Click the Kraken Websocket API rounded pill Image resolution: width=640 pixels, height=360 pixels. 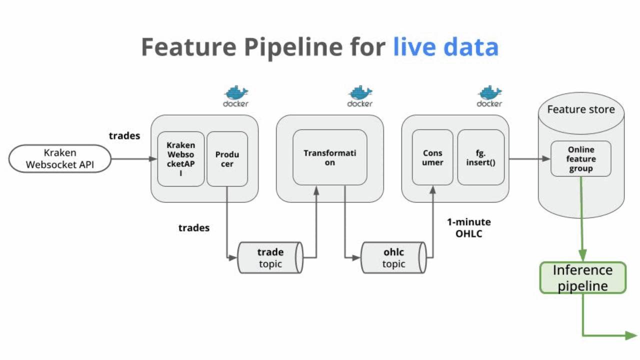click(x=59, y=159)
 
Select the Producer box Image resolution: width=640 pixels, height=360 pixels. click(x=227, y=159)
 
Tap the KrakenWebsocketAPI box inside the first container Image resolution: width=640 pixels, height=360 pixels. click(x=180, y=159)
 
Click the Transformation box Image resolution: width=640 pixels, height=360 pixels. click(x=329, y=157)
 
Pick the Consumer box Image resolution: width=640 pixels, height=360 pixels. click(x=432, y=157)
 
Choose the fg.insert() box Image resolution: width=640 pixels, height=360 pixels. click(x=480, y=157)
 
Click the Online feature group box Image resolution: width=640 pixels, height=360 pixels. click(x=580, y=159)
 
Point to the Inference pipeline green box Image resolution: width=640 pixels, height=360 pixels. click(x=582, y=277)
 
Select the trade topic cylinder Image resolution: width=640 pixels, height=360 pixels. click(x=270, y=258)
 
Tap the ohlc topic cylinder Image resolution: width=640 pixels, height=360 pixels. click(x=393, y=258)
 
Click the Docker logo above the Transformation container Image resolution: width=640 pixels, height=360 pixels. click(x=360, y=96)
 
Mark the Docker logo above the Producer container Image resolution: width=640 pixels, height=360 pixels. click(x=235, y=96)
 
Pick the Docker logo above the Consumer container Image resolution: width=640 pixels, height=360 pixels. click(x=489, y=96)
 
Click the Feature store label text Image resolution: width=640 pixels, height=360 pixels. click(x=580, y=109)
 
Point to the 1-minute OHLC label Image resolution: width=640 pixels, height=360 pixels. click(x=468, y=228)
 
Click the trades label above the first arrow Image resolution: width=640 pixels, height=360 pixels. click(x=124, y=135)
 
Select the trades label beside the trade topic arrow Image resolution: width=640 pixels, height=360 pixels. click(x=194, y=228)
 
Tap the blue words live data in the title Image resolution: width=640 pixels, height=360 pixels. click(x=445, y=47)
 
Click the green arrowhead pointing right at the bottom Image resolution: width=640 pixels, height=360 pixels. click(x=631, y=335)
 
